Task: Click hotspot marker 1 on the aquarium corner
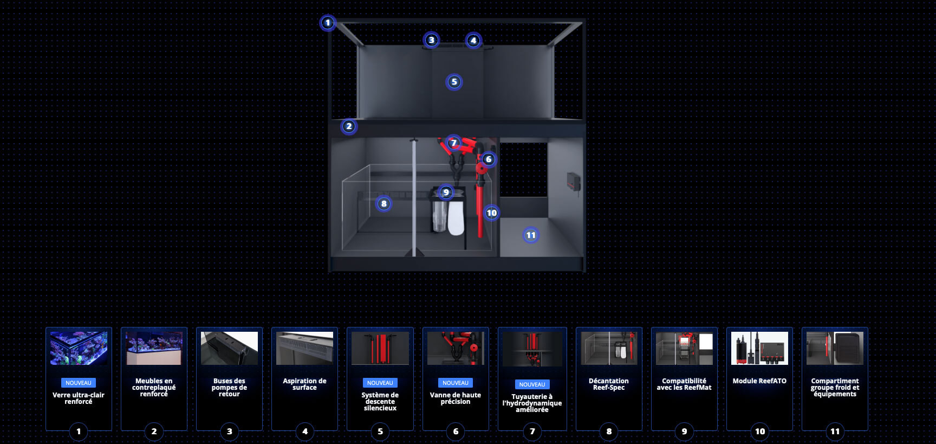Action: point(327,23)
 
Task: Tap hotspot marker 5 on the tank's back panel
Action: point(454,82)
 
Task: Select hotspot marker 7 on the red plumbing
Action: point(453,143)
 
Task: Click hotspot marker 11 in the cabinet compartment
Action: point(531,235)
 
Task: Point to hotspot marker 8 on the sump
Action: point(383,204)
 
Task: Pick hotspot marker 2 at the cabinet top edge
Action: point(349,126)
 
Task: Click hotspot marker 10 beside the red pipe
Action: point(491,213)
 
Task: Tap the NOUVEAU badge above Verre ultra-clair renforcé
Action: point(79,383)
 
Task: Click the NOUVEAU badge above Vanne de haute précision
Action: point(456,383)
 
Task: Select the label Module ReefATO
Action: point(759,381)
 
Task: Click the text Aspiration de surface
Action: point(304,384)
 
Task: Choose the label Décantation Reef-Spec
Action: point(609,384)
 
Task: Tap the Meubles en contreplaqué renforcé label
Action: point(154,388)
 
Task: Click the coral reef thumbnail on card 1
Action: point(79,348)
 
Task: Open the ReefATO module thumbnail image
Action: point(759,348)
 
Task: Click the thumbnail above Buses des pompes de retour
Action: point(229,348)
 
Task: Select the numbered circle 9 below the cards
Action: point(684,432)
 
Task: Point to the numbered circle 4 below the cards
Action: point(305,432)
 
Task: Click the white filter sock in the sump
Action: point(456,217)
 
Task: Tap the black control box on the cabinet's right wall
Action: point(574,182)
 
